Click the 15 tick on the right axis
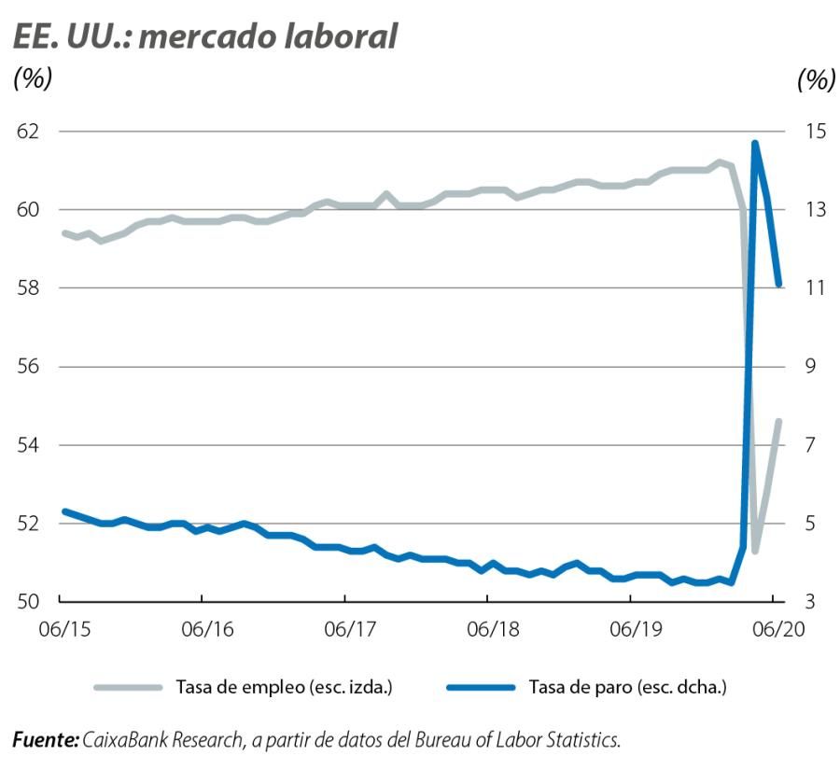pyautogui.click(x=813, y=131)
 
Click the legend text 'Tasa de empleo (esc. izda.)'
pyautogui.click(x=283, y=688)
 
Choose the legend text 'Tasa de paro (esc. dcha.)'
pyautogui.click(x=627, y=688)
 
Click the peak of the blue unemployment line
pyautogui.click(x=754, y=144)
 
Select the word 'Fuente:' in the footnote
pyautogui.click(x=45, y=740)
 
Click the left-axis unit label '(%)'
pyautogui.click(x=32, y=80)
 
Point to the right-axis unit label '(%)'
pyautogui.click(x=816, y=80)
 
